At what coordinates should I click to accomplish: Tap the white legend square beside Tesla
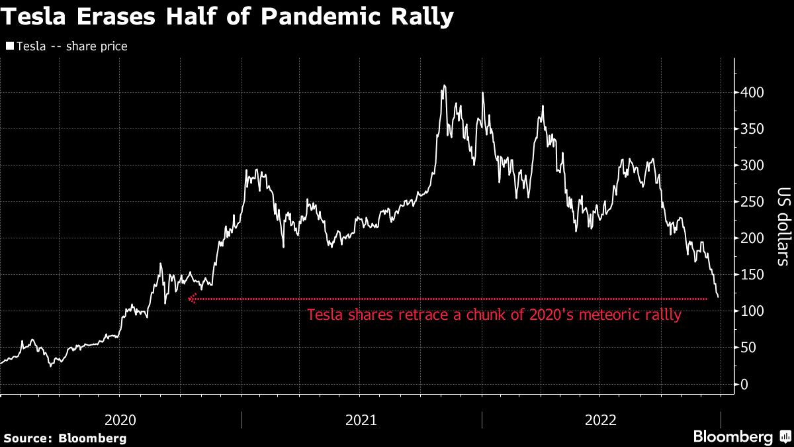point(9,46)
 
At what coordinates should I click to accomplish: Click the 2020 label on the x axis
point(120,420)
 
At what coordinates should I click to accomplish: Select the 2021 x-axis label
point(361,420)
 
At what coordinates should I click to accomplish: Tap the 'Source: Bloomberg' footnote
point(66,438)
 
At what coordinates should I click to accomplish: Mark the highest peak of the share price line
point(444,85)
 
